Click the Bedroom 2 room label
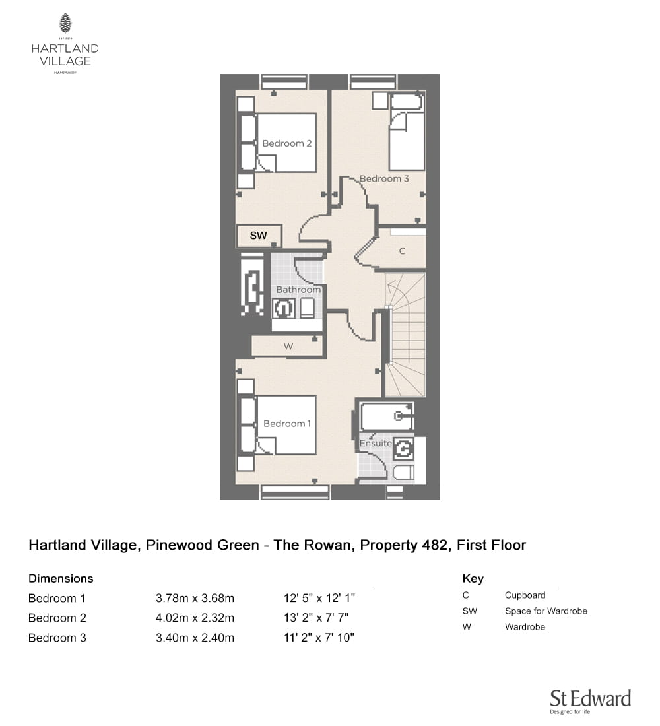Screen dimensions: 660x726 coord(286,143)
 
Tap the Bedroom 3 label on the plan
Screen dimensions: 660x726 coord(384,179)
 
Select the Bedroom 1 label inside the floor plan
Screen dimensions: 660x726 coord(286,424)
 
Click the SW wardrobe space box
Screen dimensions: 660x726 coord(259,236)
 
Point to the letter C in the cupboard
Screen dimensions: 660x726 coord(402,251)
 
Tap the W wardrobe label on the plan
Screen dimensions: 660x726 coord(288,346)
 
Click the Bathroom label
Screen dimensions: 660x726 coord(298,290)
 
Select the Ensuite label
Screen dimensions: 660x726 coord(376,443)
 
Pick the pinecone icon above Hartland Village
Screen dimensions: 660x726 coord(65,23)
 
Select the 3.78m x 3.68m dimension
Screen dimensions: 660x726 coord(195,598)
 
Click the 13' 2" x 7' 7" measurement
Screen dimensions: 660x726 coord(316,618)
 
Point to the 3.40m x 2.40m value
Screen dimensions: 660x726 coord(195,638)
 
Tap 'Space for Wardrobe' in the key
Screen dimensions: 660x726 coord(546,611)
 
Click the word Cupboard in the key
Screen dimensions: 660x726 coord(525,595)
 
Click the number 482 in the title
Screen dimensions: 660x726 coord(436,545)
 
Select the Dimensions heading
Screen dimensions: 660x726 coord(61,579)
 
